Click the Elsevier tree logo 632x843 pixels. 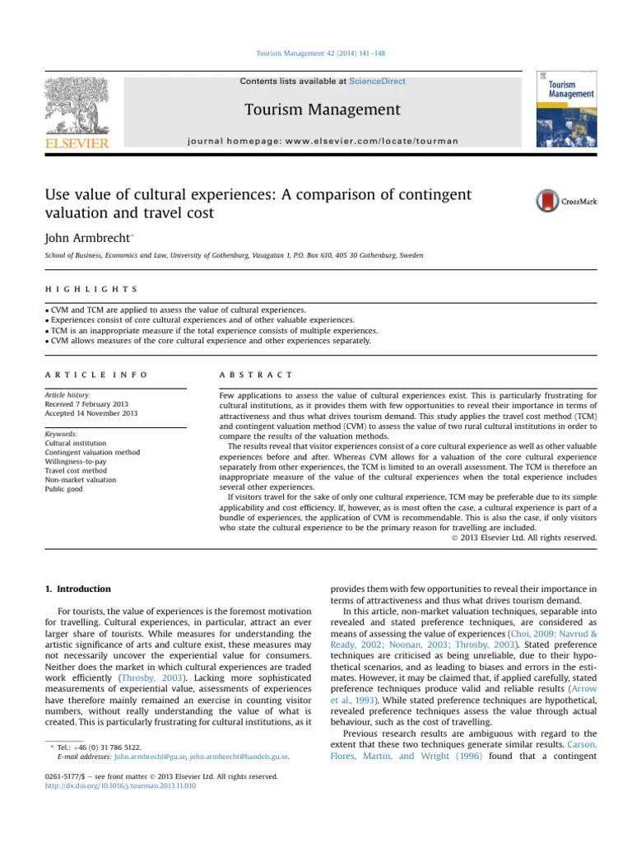click(x=77, y=106)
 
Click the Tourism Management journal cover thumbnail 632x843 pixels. click(x=566, y=109)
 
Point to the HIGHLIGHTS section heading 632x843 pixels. click(x=91, y=290)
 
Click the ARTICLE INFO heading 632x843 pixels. click(x=96, y=375)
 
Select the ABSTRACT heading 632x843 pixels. click(x=256, y=375)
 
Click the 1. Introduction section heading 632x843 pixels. click(x=76, y=589)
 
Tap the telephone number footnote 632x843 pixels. click(x=99, y=747)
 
